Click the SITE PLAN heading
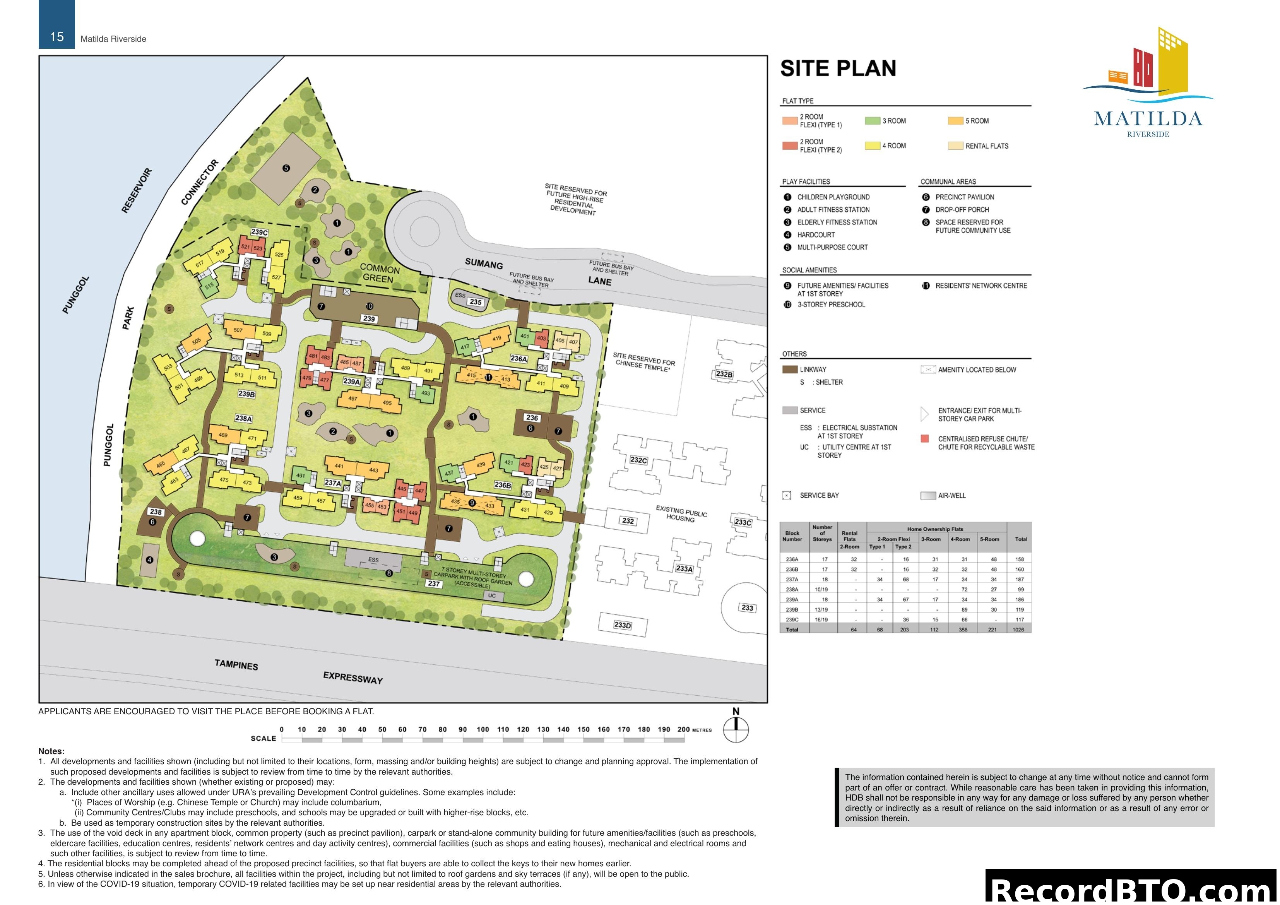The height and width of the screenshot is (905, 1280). (838, 68)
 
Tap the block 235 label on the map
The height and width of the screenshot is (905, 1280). (476, 302)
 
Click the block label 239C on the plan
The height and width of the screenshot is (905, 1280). (259, 232)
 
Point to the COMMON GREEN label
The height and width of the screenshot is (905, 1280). (380, 273)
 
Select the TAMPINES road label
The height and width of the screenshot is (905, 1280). (236, 665)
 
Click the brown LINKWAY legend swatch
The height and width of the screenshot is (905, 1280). (789, 370)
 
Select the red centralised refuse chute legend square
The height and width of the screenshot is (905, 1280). (925, 439)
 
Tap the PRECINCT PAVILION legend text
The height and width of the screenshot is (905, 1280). (965, 197)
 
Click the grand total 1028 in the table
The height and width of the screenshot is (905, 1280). (1018, 630)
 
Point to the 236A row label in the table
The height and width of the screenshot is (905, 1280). (792, 559)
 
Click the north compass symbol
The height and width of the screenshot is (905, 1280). (736, 729)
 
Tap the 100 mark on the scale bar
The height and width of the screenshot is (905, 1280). (483, 729)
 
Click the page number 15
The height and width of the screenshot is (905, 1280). (57, 37)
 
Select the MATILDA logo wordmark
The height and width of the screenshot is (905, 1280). (1148, 119)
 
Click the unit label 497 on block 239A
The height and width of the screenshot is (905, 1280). (353, 399)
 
